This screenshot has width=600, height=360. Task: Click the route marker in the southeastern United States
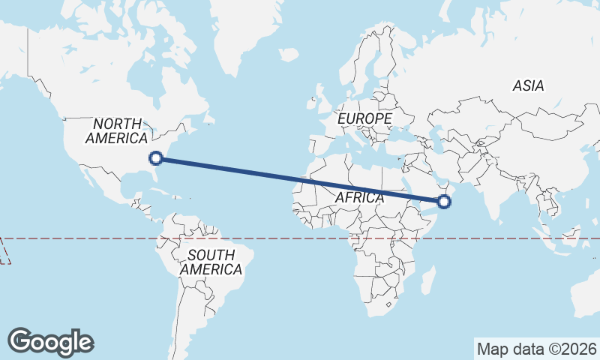coord(156,157)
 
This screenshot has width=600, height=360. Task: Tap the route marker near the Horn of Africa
coord(445,200)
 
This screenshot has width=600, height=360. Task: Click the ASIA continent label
coord(528,86)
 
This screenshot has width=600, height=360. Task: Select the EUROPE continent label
coord(364,119)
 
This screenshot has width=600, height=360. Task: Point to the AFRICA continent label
coord(358,198)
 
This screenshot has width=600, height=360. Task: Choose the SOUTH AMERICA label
coord(211,262)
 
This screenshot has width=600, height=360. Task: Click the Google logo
coord(50,342)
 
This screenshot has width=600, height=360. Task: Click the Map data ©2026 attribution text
coord(537,349)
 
